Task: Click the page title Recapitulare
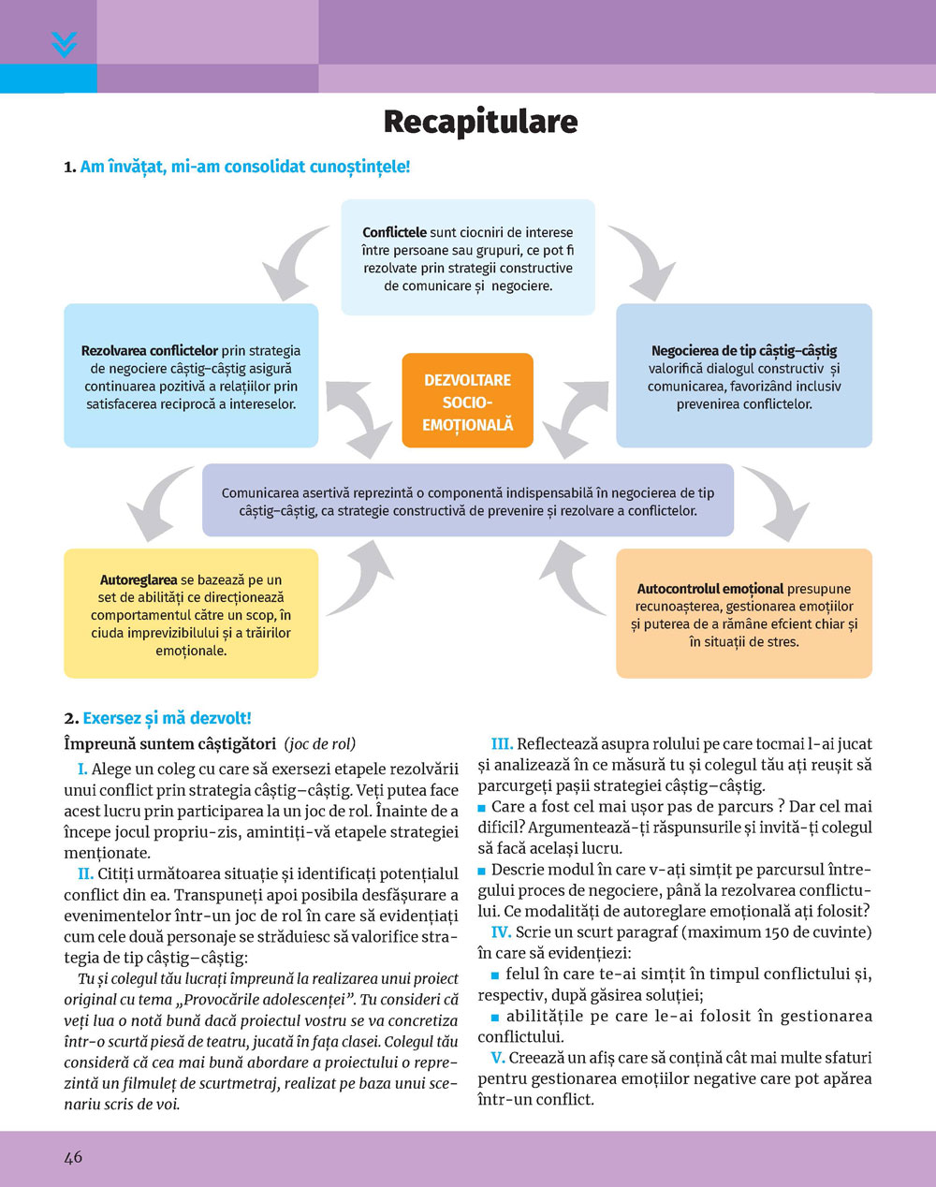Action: click(x=480, y=122)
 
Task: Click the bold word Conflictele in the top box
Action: click(x=394, y=232)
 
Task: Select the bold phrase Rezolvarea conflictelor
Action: click(x=150, y=351)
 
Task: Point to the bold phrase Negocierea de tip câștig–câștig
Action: click(x=744, y=351)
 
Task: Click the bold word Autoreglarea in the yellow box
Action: click(x=139, y=580)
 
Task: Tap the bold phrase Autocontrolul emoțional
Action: click(x=710, y=589)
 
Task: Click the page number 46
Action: click(x=73, y=1157)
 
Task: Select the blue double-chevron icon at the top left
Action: click(x=64, y=44)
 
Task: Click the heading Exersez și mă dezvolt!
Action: click(x=167, y=718)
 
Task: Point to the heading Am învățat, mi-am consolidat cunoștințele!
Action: click(x=245, y=167)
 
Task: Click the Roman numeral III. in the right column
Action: click(x=502, y=744)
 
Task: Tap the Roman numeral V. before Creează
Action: click(x=498, y=1058)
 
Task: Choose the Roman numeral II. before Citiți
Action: click(x=85, y=873)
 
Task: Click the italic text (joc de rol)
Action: click(x=320, y=744)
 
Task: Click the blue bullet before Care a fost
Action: click(x=482, y=807)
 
